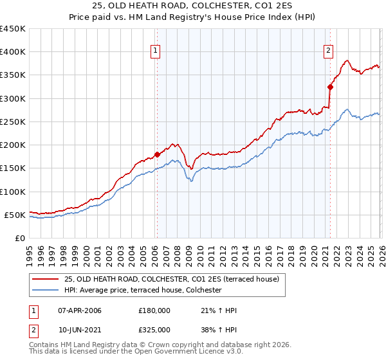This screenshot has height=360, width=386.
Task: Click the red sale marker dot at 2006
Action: click(x=157, y=154)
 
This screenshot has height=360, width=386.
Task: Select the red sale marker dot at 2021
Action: click(x=330, y=87)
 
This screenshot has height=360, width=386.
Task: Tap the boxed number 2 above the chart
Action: click(x=328, y=51)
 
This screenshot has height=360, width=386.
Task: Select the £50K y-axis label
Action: click(x=15, y=215)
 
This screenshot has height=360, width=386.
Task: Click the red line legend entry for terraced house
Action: click(x=171, y=279)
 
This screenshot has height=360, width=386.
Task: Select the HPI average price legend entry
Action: click(x=142, y=291)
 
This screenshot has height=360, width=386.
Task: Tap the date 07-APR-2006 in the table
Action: click(x=79, y=311)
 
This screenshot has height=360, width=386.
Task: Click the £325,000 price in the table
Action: click(x=154, y=330)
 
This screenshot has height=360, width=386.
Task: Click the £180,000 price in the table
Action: click(x=154, y=311)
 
